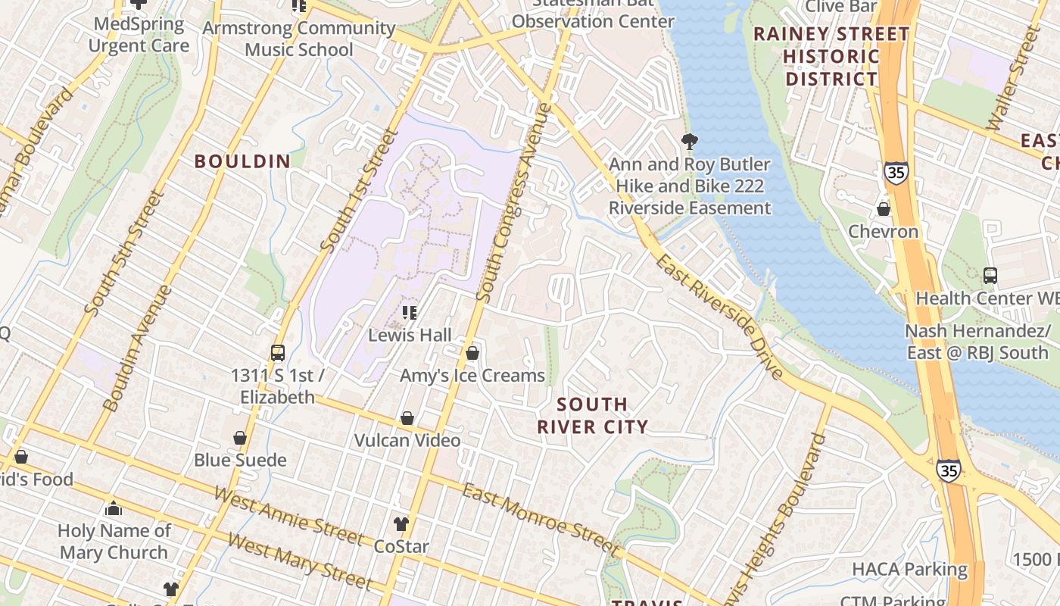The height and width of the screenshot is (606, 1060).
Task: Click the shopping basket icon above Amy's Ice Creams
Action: tap(472, 353)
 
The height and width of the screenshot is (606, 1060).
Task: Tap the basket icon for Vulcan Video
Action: tap(407, 418)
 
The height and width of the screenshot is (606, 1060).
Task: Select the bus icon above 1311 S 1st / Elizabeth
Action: tap(278, 353)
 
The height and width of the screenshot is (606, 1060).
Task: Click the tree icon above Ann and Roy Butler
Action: tap(689, 141)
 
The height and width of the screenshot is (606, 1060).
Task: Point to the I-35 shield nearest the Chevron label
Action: tap(895, 172)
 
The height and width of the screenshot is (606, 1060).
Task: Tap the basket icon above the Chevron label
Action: tap(883, 209)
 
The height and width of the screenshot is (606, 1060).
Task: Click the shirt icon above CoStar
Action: tap(401, 524)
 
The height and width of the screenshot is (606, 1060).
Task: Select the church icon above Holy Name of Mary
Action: tap(114, 508)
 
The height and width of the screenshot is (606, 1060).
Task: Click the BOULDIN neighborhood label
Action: tap(242, 161)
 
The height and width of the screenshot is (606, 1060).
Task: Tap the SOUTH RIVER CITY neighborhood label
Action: tap(593, 416)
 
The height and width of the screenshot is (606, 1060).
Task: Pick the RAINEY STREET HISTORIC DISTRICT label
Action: tap(831, 57)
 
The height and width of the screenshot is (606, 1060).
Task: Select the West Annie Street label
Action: tap(288, 516)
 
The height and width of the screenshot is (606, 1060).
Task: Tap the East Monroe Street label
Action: tap(541, 519)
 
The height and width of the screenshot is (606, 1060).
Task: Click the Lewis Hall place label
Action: tap(410, 335)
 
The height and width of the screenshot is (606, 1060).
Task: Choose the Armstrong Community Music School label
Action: tap(299, 39)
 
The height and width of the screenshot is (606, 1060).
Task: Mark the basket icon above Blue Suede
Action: tap(240, 438)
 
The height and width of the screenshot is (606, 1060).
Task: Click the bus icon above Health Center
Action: tap(990, 276)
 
